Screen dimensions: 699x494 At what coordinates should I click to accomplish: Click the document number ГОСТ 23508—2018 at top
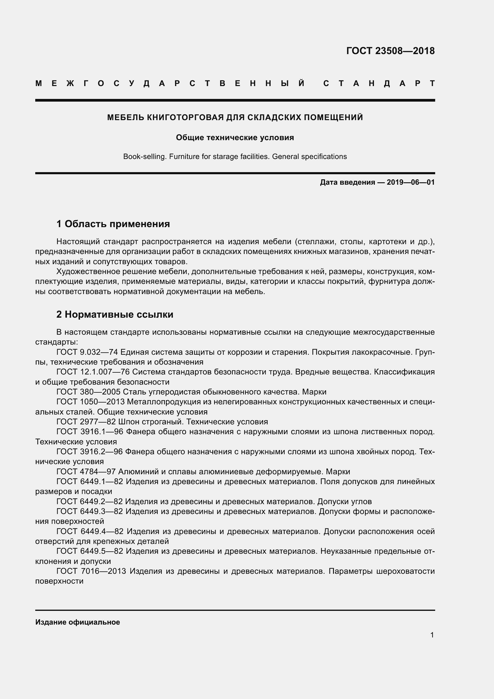click(x=390, y=51)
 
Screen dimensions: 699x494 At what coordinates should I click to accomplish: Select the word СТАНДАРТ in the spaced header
click(x=379, y=83)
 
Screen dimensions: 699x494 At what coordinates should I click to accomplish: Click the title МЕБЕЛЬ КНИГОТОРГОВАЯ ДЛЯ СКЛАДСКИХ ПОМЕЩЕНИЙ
click(x=235, y=117)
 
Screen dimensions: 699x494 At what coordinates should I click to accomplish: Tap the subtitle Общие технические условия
click(x=235, y=137)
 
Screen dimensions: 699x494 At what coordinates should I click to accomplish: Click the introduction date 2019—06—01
click(x=410, y=182)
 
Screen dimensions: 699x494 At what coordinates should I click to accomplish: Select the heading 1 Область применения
click(x=113, y=224)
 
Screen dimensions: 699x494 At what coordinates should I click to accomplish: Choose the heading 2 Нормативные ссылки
click(x=115, y=314)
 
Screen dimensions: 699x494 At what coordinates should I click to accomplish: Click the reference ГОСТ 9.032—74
click(x=87, y=352)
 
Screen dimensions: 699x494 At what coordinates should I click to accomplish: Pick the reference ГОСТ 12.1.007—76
click(x=93, y=372)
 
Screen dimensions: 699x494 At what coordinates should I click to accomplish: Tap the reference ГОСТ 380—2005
click(x=88, y=392)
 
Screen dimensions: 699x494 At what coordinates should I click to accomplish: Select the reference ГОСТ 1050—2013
click(x=90, y=402)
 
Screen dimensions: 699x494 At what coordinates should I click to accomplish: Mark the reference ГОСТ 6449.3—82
click(x=89, y=511)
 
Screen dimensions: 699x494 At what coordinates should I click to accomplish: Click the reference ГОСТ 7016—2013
click(x=91, y=571)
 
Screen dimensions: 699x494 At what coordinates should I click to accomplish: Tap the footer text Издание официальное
click(x=78, y=622)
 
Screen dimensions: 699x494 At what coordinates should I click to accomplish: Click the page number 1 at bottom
click(x=432, y=635)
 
